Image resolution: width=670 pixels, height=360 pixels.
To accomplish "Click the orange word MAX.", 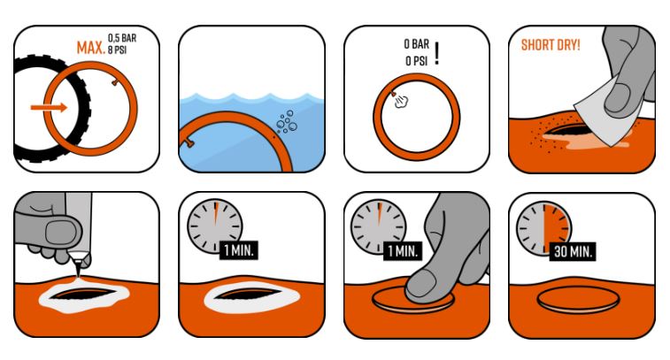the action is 91,48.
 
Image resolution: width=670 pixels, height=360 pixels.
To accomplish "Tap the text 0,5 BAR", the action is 122,38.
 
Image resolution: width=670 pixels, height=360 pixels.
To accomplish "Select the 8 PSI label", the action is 117,50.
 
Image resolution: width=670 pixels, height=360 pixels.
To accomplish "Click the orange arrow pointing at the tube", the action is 49,107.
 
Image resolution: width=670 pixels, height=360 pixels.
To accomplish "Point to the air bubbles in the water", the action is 287,122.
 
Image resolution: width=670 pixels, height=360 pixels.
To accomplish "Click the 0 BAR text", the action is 416,44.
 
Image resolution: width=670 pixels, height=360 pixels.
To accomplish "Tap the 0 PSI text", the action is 416,61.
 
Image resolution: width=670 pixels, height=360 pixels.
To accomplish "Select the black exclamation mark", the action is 436,53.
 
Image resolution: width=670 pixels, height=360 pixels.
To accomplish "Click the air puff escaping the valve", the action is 402,102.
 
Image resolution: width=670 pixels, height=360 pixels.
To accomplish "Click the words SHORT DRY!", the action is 551,45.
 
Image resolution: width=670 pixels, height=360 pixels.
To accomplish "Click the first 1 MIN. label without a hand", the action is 239,250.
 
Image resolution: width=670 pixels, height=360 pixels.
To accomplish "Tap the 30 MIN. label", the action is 573,251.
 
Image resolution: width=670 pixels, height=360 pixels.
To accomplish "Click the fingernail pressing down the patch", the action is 421,287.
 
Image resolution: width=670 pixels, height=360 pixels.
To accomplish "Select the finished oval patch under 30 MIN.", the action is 578,299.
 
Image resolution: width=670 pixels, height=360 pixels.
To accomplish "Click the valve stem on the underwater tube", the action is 187,143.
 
